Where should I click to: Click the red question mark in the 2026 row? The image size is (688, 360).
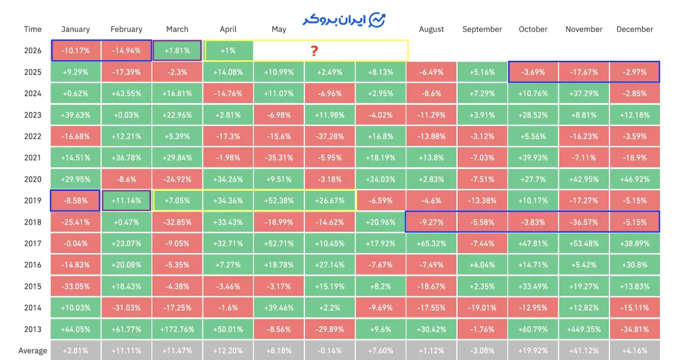point(314,51)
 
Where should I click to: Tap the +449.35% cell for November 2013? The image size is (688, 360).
point(584,329)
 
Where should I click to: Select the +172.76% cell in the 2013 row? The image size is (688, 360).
point(177,329)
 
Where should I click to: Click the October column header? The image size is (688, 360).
point(533,29)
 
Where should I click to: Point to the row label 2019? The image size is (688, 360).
point(33,201)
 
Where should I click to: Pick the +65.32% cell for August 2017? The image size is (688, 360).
point(432,243)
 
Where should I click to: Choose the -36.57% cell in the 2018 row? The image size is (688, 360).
point(584,222)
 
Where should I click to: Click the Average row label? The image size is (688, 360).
point(33,350)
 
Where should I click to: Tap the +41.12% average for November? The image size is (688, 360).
point(584,350)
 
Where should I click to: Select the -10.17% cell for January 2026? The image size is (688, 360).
point(76,50)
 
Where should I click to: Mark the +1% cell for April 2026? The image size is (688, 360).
point(228,50)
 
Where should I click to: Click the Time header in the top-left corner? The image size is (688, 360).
point(33,29)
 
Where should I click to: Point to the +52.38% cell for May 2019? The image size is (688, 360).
point(279,201)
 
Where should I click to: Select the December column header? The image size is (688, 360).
point(635,29)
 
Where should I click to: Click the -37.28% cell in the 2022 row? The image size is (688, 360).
point(330,136)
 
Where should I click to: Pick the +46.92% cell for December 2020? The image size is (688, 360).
point(635,179)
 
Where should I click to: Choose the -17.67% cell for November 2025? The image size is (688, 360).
point(584,72)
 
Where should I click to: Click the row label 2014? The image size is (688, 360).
point(33,307)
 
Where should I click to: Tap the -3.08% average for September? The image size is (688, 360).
point(482,350)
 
